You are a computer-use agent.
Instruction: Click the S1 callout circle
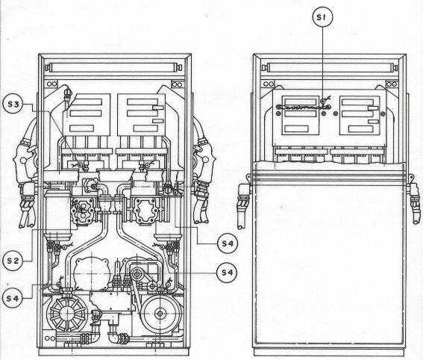coord(322,17)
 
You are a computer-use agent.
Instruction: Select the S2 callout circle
coord(13,261)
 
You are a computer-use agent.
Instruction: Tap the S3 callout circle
coord(13,104)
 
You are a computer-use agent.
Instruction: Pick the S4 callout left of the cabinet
coord(13,299)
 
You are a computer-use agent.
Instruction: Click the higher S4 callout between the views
coord(228,243)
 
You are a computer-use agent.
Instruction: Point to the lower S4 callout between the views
coord(227,273)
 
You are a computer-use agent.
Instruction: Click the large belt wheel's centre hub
coord(160,314)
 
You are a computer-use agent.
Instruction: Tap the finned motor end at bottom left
coord(67,314)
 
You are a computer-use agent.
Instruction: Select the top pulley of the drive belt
coord(137,274)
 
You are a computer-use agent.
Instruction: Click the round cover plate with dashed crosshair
coord(92,273)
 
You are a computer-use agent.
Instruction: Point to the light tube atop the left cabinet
coord(113,67)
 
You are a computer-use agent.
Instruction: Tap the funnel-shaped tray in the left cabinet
coord(116,176)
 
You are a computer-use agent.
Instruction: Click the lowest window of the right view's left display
coord(296,128)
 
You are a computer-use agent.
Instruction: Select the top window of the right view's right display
coord(357,102)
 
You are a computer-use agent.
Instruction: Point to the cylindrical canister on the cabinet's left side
coord(57,214)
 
